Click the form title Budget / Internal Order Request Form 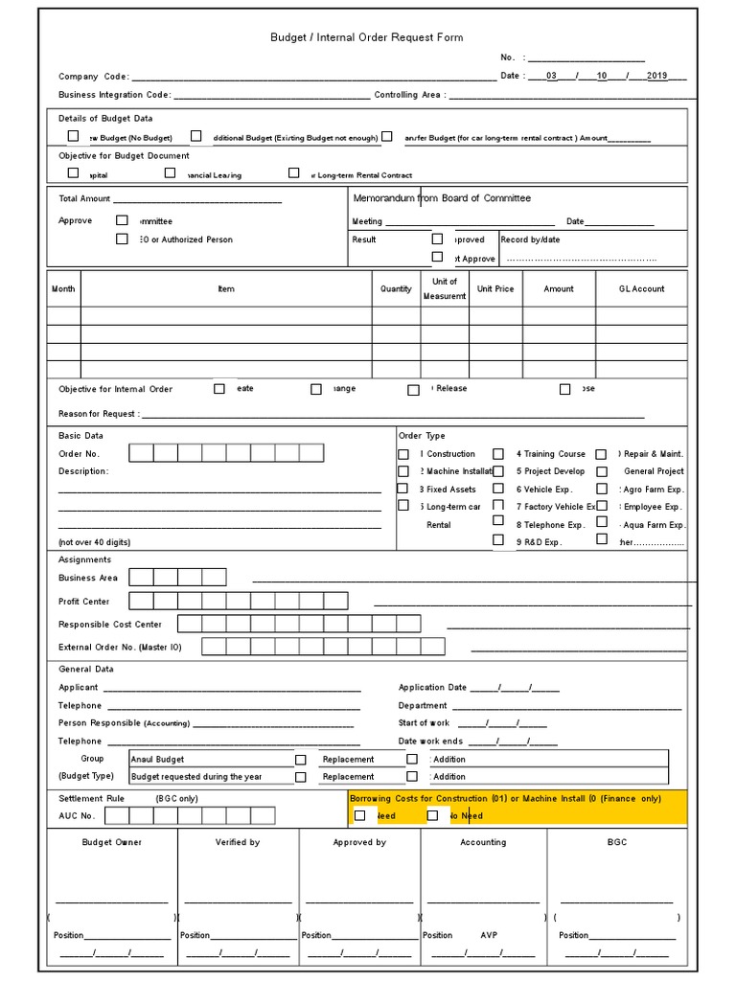[367, 37]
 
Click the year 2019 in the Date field [656, 76]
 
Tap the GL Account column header [641, 288]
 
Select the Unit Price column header [495, 288]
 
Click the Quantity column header [396, 288]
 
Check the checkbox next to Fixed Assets [403, 489]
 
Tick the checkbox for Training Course [498, 454]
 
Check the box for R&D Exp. [498, 540]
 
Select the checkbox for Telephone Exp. [498, 522]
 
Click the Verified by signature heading [237, 842]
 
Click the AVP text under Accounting [489, 935]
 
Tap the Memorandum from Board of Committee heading [442, 198]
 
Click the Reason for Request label [98, 414]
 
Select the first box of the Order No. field [141, 453]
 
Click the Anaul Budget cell [158, 759]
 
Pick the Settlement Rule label [91, 798]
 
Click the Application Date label [432, 687]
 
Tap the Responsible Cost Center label [110, 624]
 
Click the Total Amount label [84, 198]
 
